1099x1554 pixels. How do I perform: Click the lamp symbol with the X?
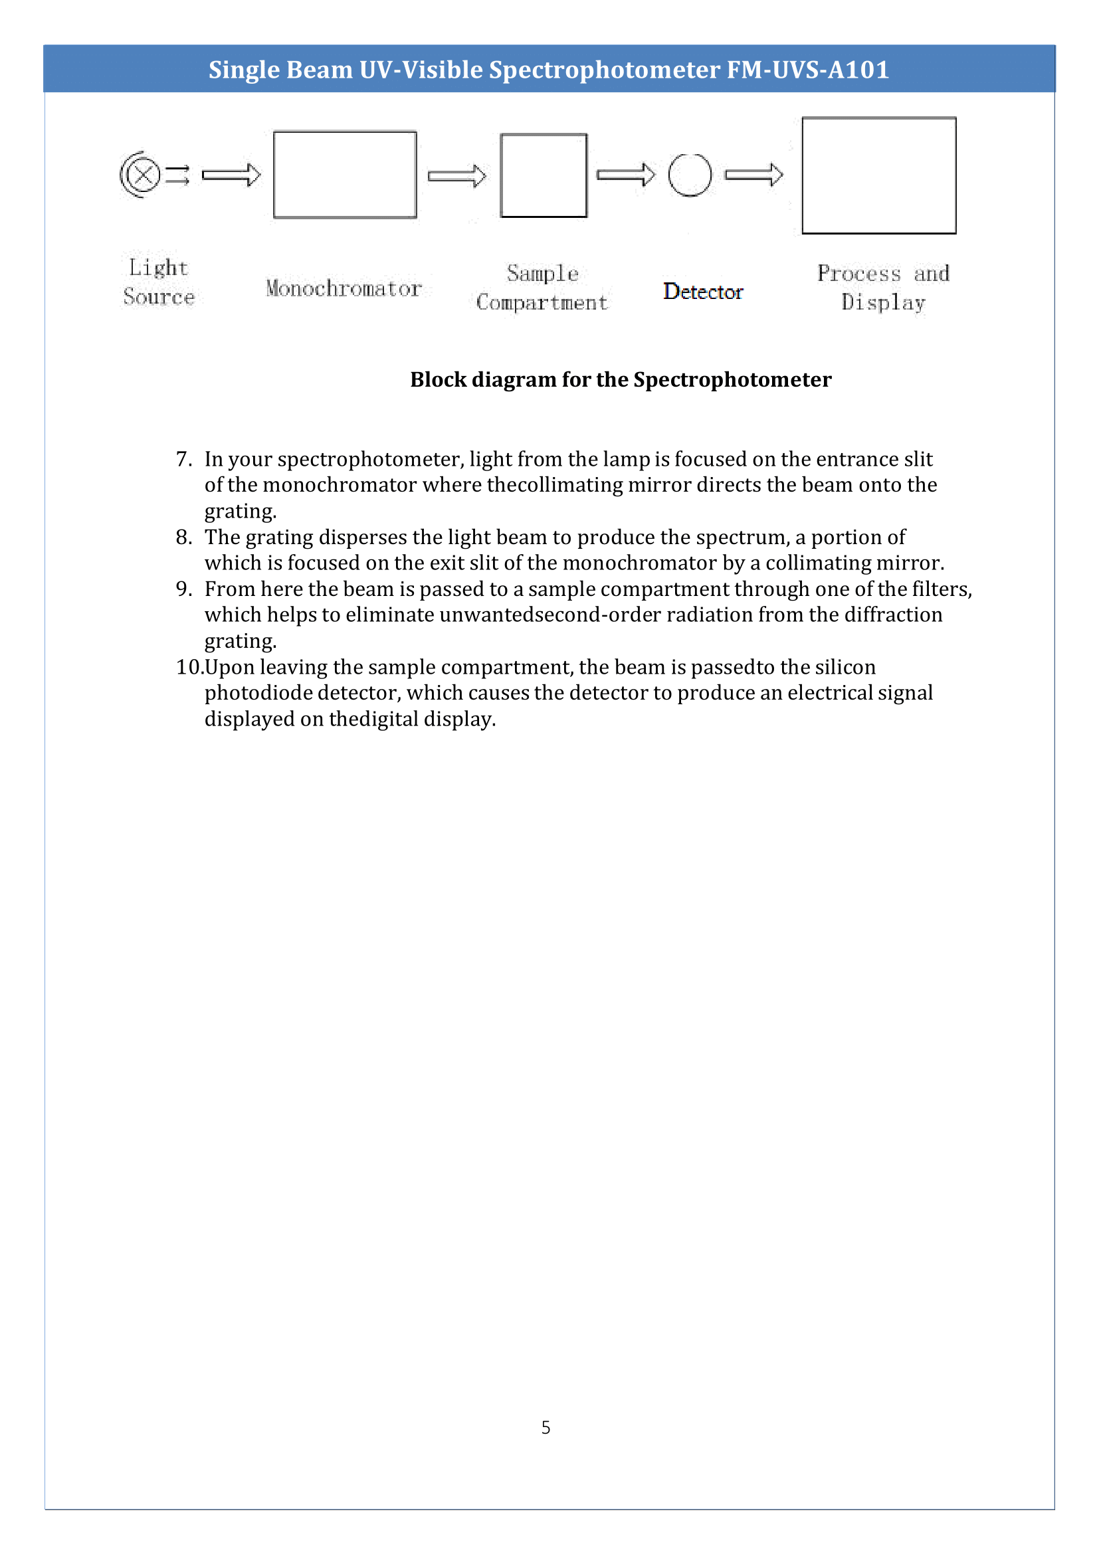(x=143, y=175)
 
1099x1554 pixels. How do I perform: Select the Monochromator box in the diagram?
(x=344, y=175)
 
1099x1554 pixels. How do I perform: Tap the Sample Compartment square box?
(x=544, y=175)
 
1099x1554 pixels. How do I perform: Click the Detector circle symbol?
(x=690, y=175)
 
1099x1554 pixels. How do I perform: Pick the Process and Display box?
(x=878, y=175)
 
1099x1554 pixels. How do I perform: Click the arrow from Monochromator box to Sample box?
(x=456, y=176)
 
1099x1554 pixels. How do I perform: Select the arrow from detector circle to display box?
(x=753, y=175)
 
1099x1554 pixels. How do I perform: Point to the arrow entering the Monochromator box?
(x=231, y=175)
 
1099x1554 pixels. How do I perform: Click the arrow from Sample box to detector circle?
(x=625, y=175)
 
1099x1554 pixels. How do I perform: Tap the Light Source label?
(x=158, y=282)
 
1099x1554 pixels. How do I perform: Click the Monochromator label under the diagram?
(x=344, y=289)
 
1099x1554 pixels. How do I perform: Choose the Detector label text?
(x=702, y=292)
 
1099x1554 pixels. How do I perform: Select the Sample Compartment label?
(x=542, y=288)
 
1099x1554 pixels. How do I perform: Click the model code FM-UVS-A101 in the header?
(x=807, y=70)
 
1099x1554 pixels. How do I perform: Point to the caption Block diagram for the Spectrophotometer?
(x=621, y=380)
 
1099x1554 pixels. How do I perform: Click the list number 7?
(x=183, y=460)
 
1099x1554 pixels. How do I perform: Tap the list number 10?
(x=189, y=667)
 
